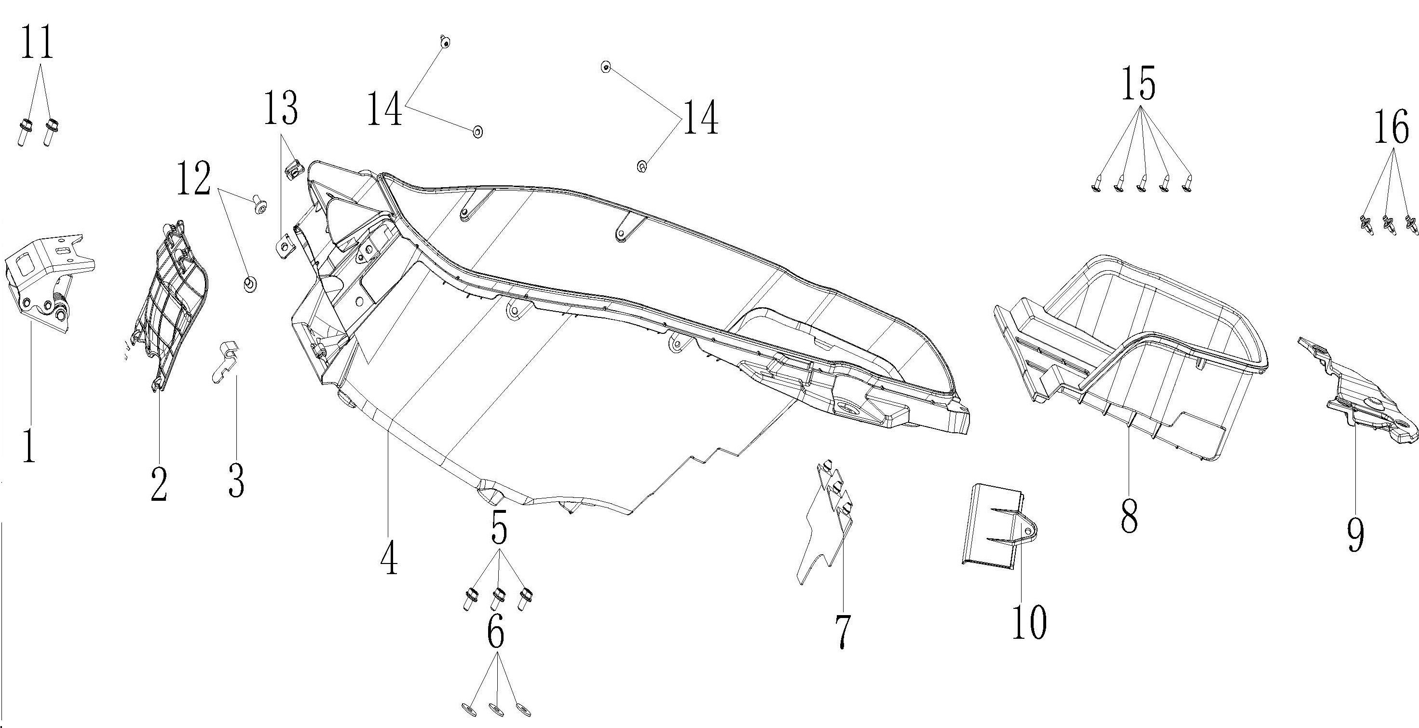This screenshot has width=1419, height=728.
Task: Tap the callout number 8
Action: pyautogui.click(x=1129, y=513)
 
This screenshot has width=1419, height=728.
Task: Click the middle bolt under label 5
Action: pyautogui.click(x=499, y=597)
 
